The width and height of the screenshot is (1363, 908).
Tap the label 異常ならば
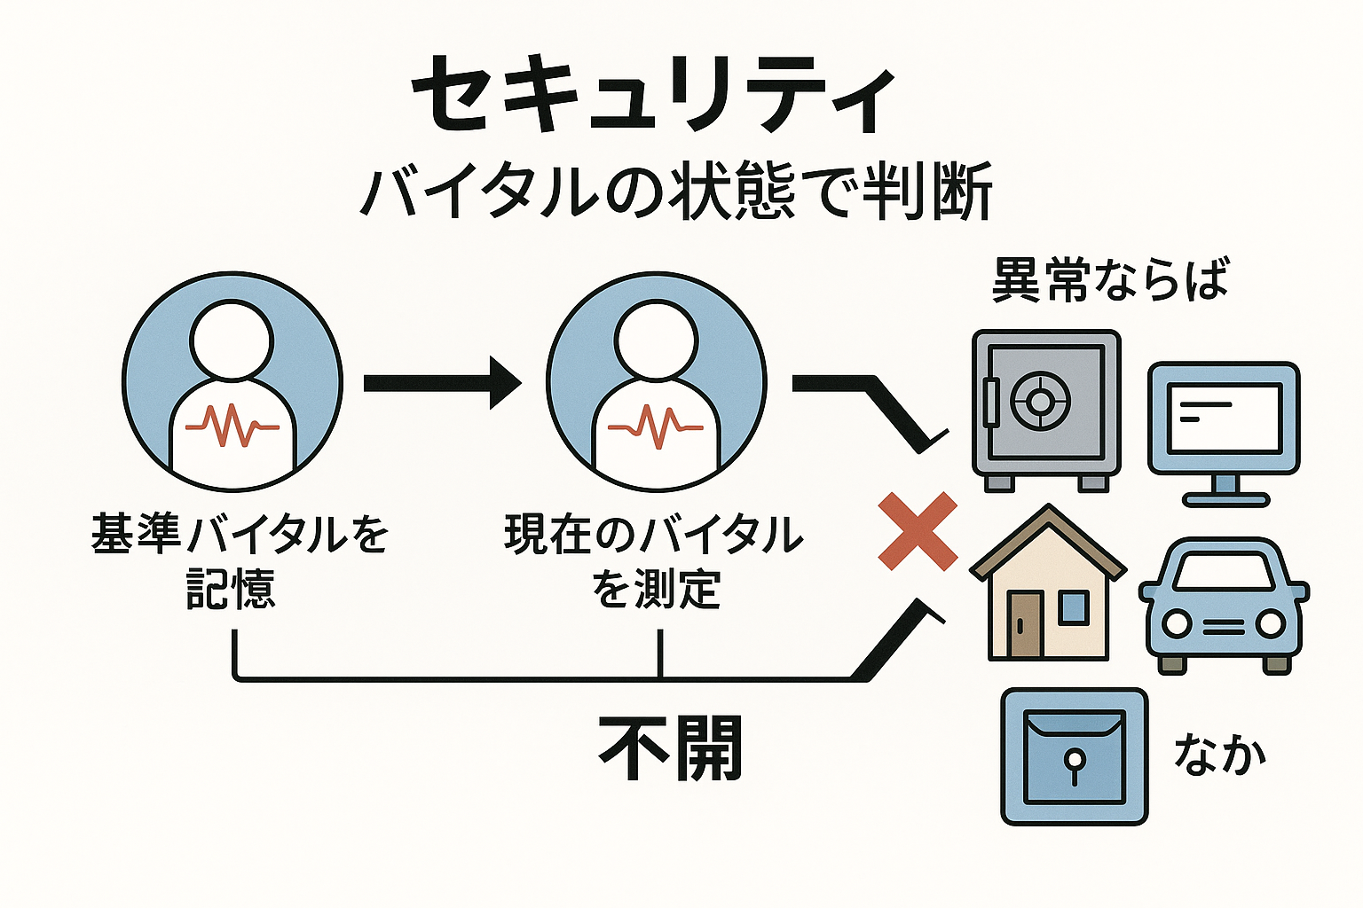click(x=1110, y=280)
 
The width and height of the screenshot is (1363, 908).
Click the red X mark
click(x=918, y=530)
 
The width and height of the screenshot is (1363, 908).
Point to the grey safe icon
click(x=1045, y=408)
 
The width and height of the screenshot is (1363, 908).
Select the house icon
click(x=1048, y=585)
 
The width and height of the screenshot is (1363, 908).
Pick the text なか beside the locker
click(x=1219, y=754)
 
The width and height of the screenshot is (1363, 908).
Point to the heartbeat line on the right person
click(x=656, y=426)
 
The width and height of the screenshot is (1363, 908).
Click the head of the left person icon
click(x=232, y=339)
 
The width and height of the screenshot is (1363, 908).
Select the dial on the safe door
click(x=1036, y=401)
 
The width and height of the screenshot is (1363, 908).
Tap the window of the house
click(x=1073, y=607)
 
